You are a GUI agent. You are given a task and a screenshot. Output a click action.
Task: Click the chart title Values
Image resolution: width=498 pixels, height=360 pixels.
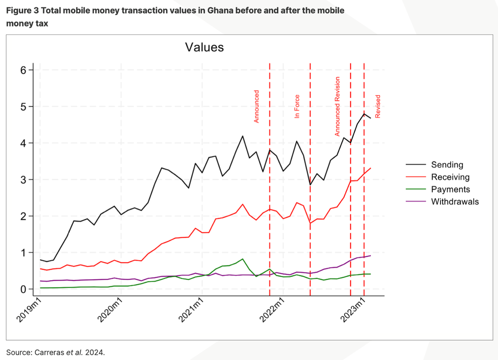coord(205,47)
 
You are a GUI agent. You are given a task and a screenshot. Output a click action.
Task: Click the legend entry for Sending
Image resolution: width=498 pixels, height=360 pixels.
coord(447,165)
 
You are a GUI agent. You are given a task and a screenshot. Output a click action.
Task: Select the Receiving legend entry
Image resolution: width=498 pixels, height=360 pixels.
coord(450,177)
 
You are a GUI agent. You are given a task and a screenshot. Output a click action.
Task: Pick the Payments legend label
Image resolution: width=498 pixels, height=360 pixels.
coord(451,189)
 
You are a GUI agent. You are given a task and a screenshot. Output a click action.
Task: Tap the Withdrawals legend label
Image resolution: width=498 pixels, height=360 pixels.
coord(455,202)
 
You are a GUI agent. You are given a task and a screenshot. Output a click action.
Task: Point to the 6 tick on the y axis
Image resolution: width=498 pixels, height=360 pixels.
coord(23,70)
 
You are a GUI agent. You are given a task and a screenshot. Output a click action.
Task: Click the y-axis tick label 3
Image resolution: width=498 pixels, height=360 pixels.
coord(23,180)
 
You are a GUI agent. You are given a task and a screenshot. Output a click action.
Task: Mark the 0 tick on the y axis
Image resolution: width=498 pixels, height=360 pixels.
coord(23,289)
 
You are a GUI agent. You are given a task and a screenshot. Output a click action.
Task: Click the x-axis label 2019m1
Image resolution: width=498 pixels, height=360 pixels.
coord(29,310)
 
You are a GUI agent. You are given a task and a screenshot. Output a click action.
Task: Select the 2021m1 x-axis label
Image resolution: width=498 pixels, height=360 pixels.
coord(190,310)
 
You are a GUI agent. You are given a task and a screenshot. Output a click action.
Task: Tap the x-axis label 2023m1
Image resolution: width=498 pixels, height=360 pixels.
coord(353,310)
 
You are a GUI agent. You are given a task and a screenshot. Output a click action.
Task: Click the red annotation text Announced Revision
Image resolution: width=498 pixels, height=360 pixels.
coord(337,106)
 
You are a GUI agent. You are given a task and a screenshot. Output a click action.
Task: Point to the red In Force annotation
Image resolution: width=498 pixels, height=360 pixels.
coord(297,106)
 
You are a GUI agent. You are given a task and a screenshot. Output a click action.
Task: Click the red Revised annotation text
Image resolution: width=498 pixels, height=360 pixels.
coord(378,106)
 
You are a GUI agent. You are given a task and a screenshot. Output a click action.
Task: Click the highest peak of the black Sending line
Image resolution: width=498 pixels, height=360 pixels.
coord(364,114)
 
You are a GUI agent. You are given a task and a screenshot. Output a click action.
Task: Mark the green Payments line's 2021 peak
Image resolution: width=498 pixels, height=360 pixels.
coord(242,259)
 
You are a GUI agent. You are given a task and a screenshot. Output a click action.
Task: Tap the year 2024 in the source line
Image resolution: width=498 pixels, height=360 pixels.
coord(94,352)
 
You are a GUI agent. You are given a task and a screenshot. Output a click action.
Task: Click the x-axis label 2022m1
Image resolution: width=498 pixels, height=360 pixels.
coord(271,310)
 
